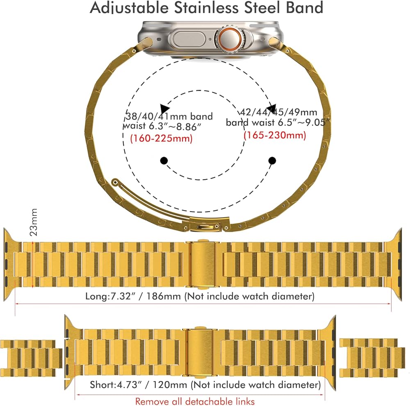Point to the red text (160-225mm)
[161, 138]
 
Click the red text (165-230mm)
[275, 135]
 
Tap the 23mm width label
[34, 222]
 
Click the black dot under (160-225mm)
[164, 161]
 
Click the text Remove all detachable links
[195, 401]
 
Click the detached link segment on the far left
[31, 355]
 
